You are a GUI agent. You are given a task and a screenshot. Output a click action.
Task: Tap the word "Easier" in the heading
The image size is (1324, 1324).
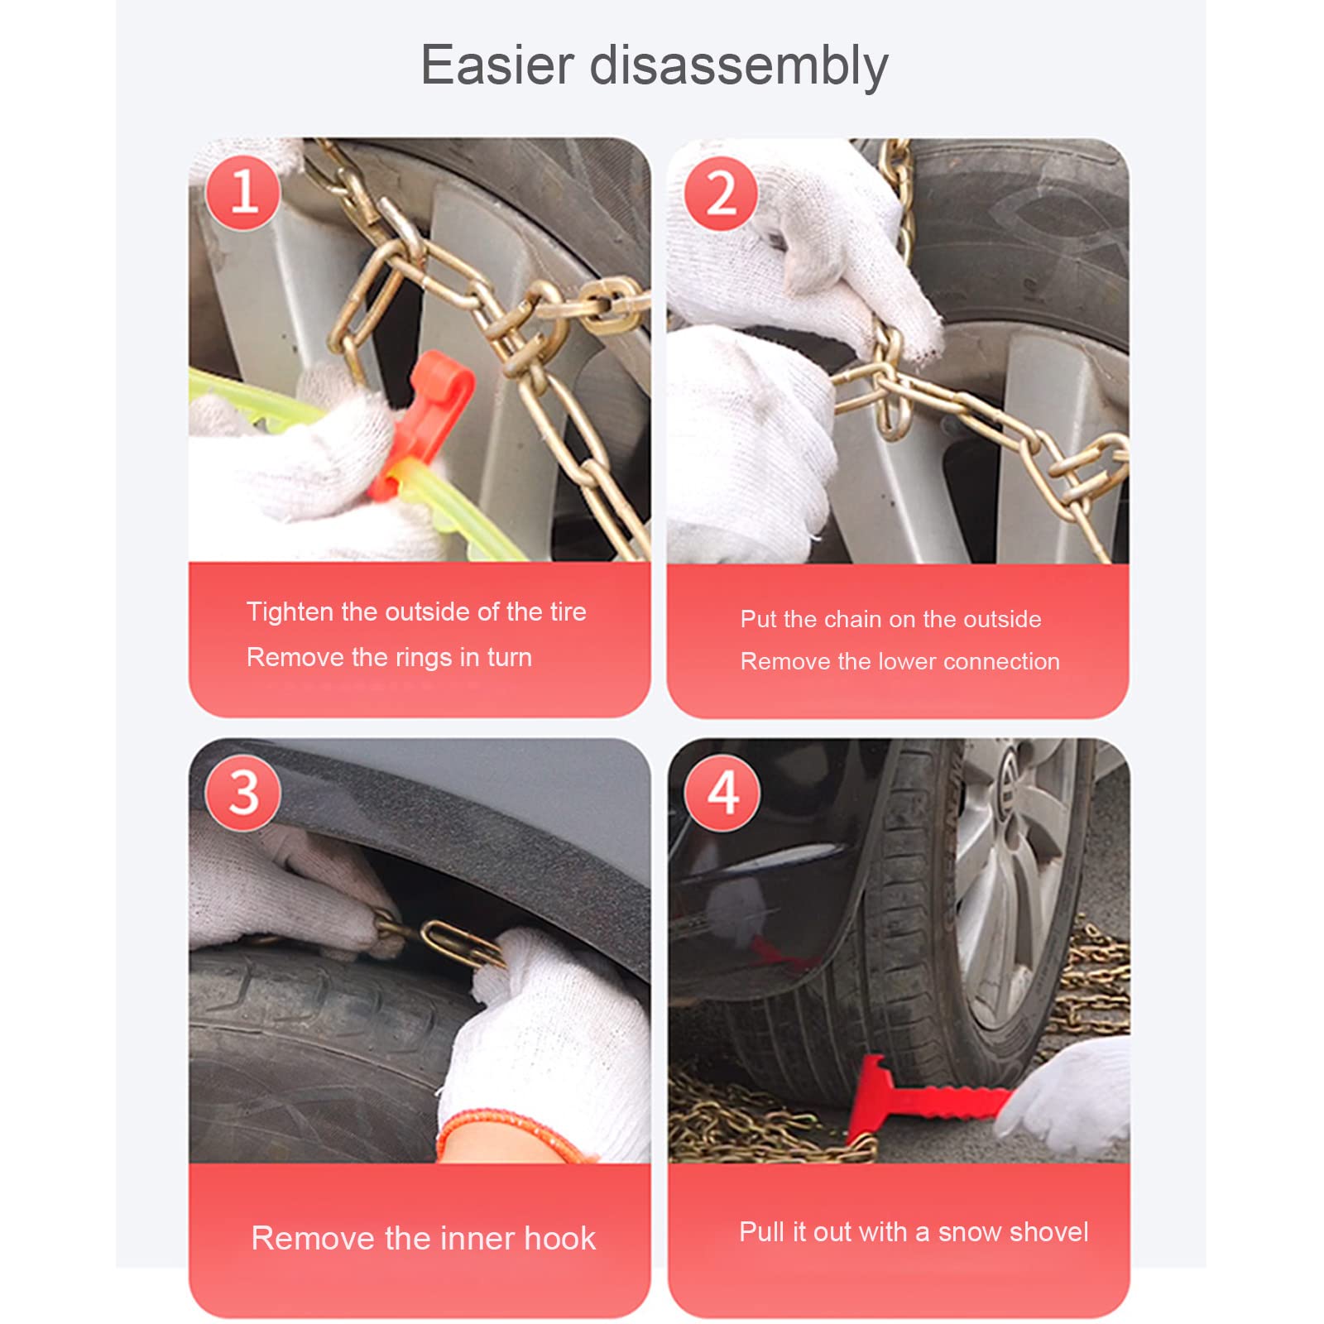497,65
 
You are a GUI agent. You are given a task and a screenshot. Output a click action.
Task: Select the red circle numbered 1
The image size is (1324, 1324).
243,192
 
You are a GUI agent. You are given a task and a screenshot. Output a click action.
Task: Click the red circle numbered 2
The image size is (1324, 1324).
722,194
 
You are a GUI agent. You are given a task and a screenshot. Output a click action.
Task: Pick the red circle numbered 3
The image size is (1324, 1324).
243,793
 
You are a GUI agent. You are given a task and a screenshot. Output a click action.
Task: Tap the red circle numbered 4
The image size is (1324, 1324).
722,793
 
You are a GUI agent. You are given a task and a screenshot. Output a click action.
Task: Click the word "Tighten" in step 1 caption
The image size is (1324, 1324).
290,612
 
